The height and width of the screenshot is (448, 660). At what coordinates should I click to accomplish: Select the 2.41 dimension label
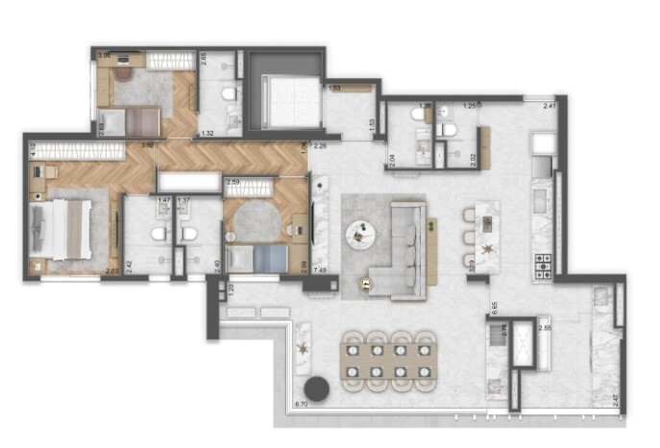click(x=549, y=106)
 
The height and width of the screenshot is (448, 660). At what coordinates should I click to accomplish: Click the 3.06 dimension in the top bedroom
click(x=105, y=56)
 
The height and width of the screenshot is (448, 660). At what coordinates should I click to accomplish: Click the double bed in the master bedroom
click(x=63, y=229)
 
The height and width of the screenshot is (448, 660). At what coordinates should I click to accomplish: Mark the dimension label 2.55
click(x=544, y=329)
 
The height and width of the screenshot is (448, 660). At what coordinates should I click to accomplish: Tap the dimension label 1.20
click(x=231, y=287)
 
